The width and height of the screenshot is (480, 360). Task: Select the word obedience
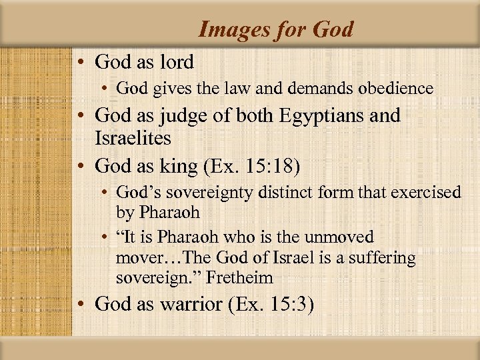[396, 88]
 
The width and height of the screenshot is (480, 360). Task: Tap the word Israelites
[133, 139]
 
